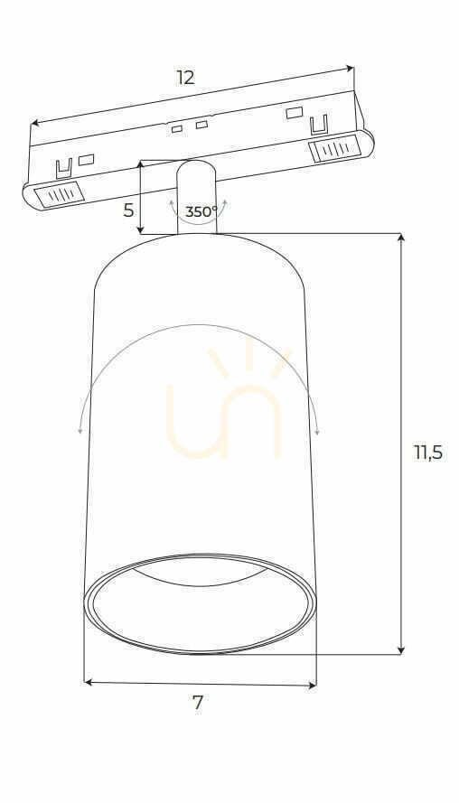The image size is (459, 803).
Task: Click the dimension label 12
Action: point(186,78)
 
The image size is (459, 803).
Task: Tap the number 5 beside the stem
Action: point(128,210)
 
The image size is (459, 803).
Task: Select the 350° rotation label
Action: point(201,211)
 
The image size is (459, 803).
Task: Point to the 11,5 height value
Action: point(428,453)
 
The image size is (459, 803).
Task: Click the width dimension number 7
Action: point(198,703)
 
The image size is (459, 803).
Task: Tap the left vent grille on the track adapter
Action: point(58,194)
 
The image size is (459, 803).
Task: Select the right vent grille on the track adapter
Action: point(333,149)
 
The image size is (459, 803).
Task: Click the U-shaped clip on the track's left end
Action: point(63,169)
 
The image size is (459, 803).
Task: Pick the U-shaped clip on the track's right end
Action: point(318,126)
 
